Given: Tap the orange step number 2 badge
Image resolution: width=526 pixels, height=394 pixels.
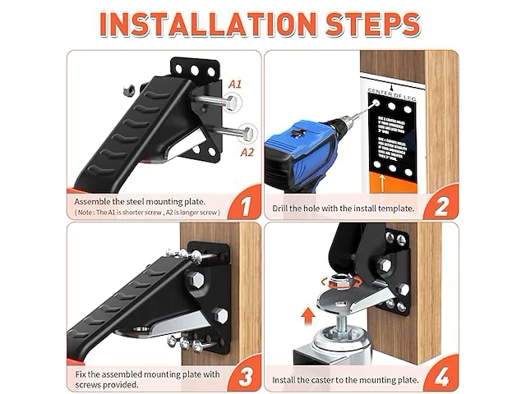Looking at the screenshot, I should [x=441, y=201].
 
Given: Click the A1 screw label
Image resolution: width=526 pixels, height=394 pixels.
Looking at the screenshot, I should [x=235, y=85].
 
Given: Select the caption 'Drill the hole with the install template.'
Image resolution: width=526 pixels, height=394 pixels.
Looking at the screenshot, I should [x=344, y=208].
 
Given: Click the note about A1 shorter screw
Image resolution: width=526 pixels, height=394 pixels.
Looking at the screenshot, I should [x=148, y=212].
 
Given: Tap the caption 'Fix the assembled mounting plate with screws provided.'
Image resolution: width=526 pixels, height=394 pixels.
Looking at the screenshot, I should [x=140, y=378].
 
